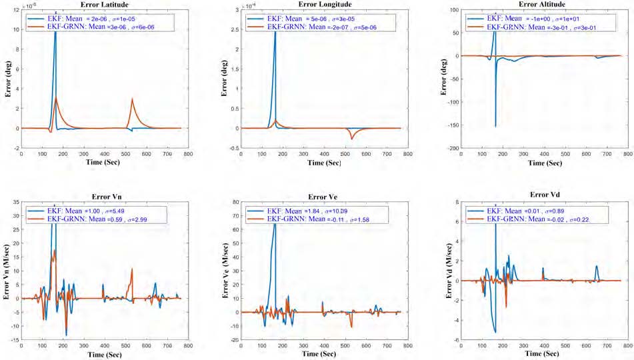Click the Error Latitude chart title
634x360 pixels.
click(101, 5)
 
